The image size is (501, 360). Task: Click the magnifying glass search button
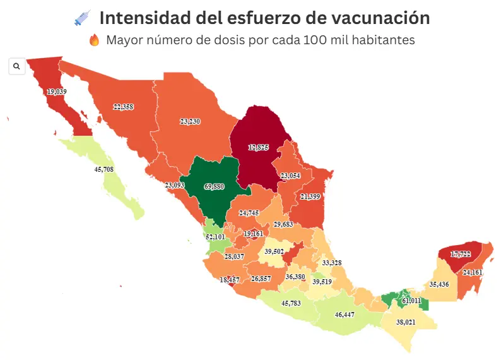click(16, 66)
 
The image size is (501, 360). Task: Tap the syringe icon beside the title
click(83, 18)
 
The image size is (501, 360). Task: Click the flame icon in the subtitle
click(95, 40)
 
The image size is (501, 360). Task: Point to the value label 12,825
click(258, 147)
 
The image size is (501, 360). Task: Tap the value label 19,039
click(56, 92)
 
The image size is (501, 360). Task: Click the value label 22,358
click(123, 107)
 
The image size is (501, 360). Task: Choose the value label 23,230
click(190, 121)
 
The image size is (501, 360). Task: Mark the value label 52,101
click(215, 237)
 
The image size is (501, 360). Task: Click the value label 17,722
click(461, 254)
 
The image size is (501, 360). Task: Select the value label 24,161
click(473, 273)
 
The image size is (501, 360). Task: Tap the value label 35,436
click(440, 284)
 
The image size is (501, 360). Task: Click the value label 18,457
click(230, 279)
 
